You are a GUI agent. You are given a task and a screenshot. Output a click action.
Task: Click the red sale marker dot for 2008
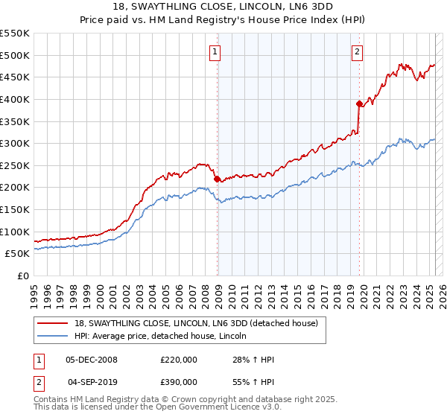pyautogui.click(x=217, y=179)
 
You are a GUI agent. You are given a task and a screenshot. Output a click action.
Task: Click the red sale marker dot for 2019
pyautogui.click(x=359, y=104)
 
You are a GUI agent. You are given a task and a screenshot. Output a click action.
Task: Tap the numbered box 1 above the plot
pyautogui.click(x=215, y=52)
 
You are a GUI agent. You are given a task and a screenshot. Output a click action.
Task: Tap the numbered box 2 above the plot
pyautogui.click(x=358, y=52)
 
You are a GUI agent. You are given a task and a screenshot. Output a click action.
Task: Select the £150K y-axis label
pyautogui.click(x=15, y=209)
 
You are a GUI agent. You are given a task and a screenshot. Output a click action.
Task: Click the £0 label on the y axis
pyautogui.click(x=23, y=276)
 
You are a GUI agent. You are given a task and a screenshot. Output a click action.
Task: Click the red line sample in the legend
pyautogui.click(x=53, y=323)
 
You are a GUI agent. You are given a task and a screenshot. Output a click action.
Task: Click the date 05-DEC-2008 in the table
pyautogui.click(x=92, y=360)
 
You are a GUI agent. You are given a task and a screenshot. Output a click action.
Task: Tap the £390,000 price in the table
pyautogui.click(x=179, y=382)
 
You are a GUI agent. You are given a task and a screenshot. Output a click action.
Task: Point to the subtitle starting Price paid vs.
pyautogui.click(x=223, y=20)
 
